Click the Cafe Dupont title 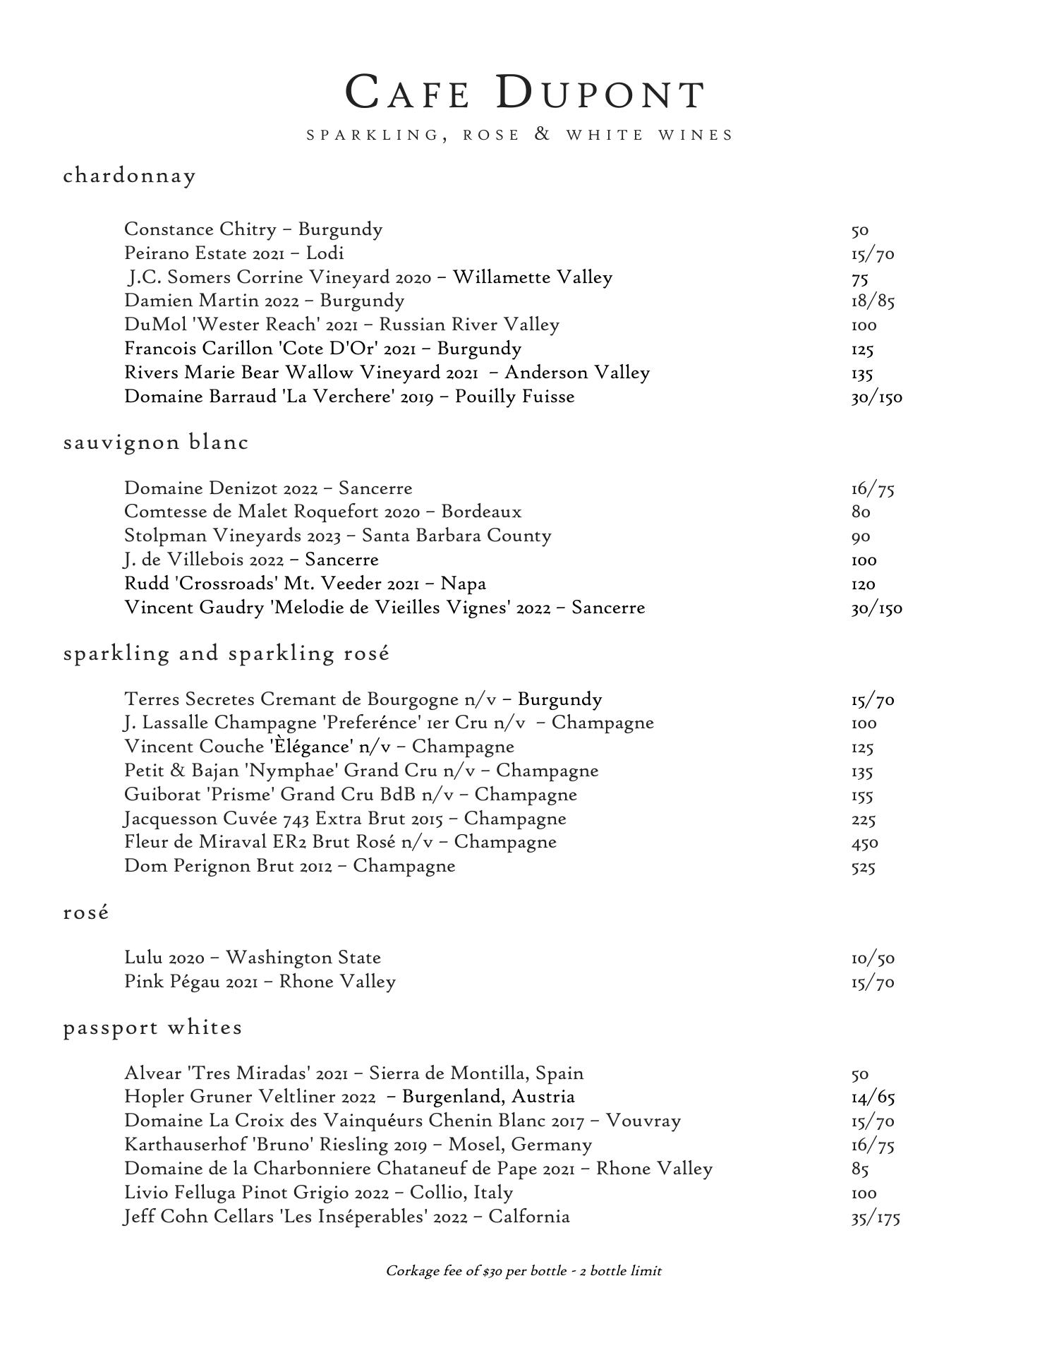coord(525,92)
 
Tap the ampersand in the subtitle coord(543,134)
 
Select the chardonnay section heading coord(130,176)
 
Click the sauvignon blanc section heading coord(156,442)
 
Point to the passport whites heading coord(153,1028)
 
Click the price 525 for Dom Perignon coord(863,867)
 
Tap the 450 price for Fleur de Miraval coord(864,843)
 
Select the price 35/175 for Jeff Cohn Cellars coord(876,1217)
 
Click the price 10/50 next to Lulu coord(873,959)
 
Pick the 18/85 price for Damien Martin coord(873,302)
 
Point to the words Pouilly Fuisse coord(514,397)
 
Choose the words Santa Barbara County coord(456,536)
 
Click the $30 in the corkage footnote coord(492,1272)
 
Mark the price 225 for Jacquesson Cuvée coord(863,820)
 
